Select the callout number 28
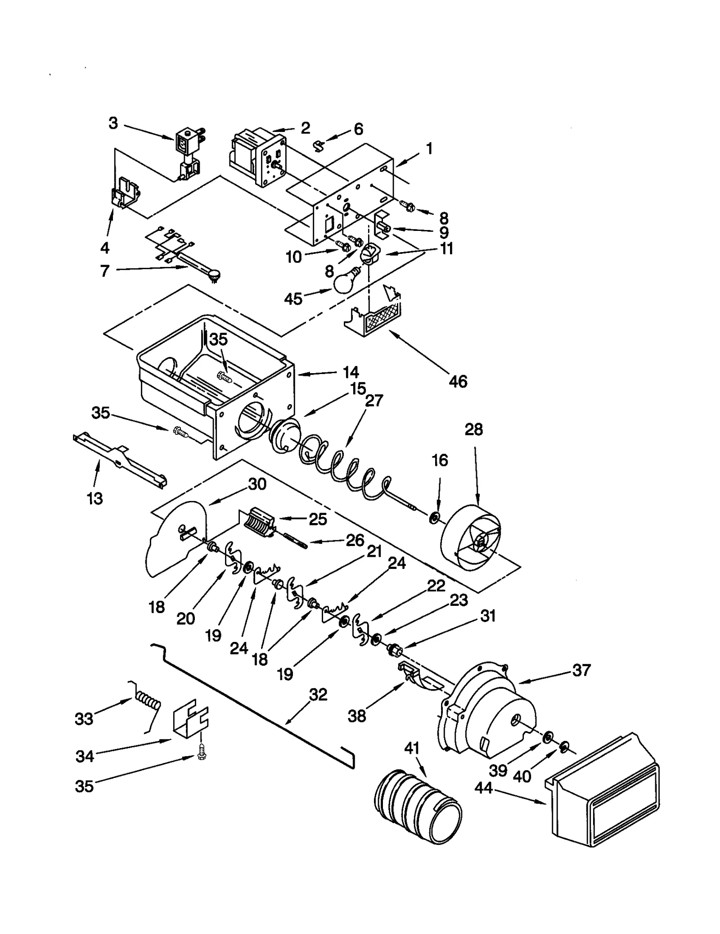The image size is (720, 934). [x=473, y=429]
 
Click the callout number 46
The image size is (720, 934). [x=458, y=381]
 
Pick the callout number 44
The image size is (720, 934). [x=484, y=788]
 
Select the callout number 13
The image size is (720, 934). [x=95, y=498]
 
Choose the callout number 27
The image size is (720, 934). [x=374, y=400]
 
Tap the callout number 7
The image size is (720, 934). [x=104, y=271]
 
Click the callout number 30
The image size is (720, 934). [x=257, y=484]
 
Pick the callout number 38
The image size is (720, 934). [x=357, y=716]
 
